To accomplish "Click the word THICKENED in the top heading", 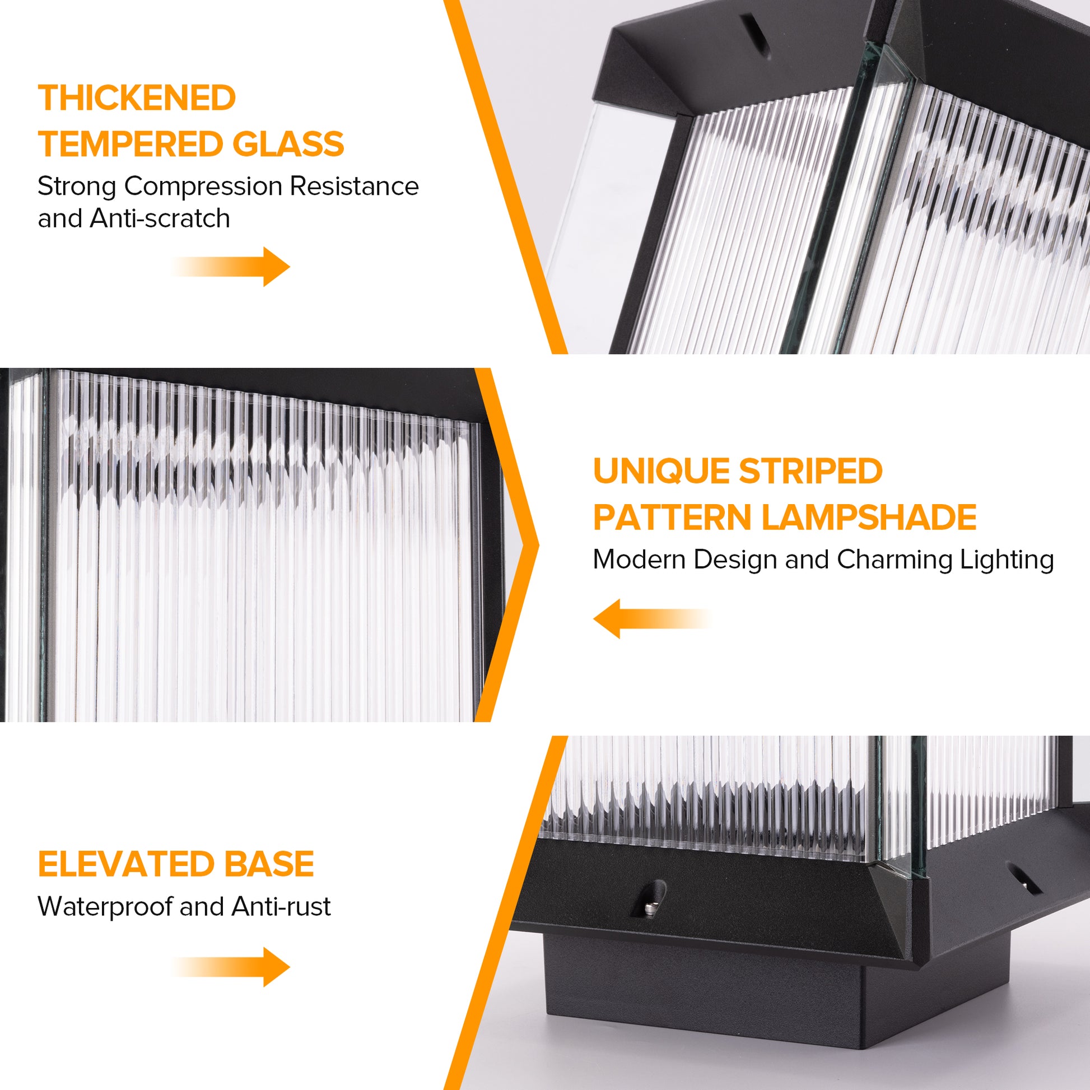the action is (137, 98).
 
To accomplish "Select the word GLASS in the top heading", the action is (288, 144).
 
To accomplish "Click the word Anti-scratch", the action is (160, 218).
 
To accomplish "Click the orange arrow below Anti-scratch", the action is (231, 266).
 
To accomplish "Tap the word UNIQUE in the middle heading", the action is (660, 471).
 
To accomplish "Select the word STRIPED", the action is (810, 471).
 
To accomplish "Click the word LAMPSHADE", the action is (869, 518).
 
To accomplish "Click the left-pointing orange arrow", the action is (653, 619).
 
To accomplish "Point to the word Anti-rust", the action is (281, 907).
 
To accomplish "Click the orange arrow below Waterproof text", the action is (231, 967).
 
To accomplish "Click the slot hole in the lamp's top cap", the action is (756, 34).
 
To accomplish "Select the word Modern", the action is (639, 560).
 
